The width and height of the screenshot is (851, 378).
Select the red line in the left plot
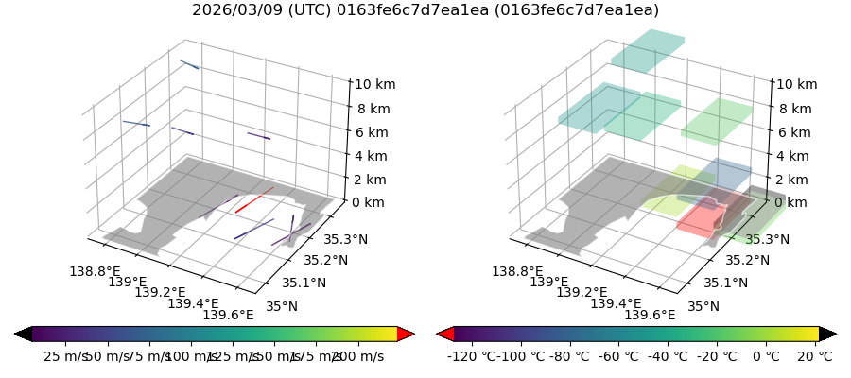(x=254, y=199)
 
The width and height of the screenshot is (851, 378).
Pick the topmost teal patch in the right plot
(x=648, y=50)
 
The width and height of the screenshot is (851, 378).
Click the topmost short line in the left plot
(x=189, y=64)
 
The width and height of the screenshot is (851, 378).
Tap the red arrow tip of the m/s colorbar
(x=407, y=334)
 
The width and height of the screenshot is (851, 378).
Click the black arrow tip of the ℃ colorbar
(x=828, y=334)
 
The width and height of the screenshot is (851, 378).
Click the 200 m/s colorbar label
(x=356, y=356)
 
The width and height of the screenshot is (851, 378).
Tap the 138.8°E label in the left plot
(x=95, y=271)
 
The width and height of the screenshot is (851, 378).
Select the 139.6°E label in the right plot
(x=651, y=316)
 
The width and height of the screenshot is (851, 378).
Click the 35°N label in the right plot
(x=704, y=305)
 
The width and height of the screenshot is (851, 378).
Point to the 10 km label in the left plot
(x=375, y=85)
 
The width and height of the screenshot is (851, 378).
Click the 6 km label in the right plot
(x=795, y=132)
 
